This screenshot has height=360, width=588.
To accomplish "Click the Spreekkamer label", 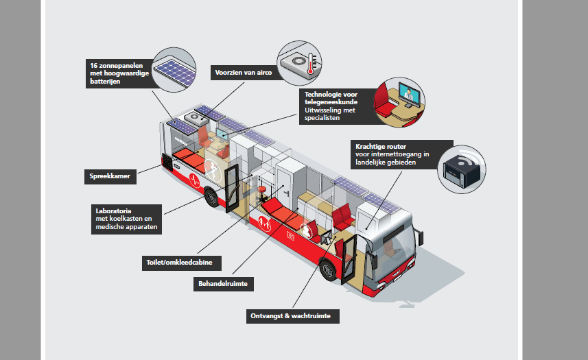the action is [x=110, y=176].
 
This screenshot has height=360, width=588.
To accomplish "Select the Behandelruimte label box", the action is [x=224, y=284].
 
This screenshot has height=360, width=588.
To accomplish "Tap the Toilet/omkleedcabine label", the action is [x=182, y=263].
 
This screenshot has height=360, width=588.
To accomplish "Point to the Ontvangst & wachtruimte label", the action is [x=292, y=316].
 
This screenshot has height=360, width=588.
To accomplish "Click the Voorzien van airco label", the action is [x=244, y=73].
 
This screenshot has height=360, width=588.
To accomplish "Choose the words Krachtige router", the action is [x=381, y=147].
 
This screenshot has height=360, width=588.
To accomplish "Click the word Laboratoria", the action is [x=113, y=211].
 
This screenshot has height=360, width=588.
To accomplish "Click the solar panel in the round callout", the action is [x=176, y=71].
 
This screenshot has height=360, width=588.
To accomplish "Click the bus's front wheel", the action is [x=329, y=269].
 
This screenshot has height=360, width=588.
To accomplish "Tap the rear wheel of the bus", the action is [x=211, y=197].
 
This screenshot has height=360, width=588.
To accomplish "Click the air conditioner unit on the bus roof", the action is [x=196, y=119].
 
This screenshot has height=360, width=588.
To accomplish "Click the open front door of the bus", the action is [x=349, y=259].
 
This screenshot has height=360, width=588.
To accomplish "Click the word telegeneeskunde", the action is [x=331, y=102].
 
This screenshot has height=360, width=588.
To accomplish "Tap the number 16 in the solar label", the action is [x=93, y=66].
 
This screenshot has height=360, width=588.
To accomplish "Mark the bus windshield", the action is [x=396, y=251].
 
